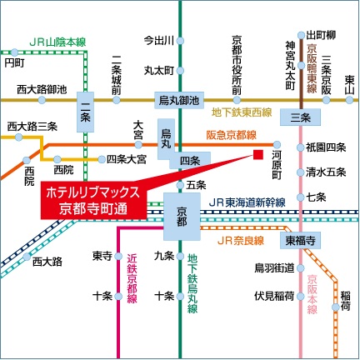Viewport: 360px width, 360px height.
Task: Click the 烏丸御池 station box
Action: point(180,100)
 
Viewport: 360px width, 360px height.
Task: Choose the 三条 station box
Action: point(301,118)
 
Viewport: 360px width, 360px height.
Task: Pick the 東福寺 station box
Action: point(301,240)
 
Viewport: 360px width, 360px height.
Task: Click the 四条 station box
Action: point(189,159)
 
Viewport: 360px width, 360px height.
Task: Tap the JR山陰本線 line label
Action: point(57,41)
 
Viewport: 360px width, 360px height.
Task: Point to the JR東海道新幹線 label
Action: point(247,201)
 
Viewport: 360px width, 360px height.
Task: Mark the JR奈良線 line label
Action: point(240,240)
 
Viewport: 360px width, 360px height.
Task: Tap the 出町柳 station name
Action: point(322,34)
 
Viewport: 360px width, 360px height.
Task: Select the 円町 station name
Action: point(13,61)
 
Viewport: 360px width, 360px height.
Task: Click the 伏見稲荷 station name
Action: point(274,295)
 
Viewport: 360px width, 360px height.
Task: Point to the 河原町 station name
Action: point(281,158)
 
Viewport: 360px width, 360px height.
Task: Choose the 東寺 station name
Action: point(102,255)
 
